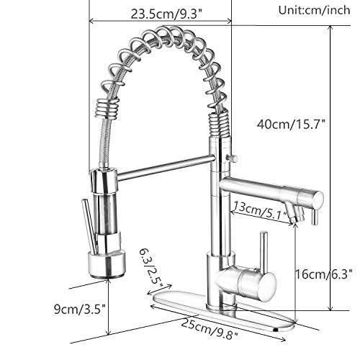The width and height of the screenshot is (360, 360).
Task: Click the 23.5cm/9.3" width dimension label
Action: pos(166,14)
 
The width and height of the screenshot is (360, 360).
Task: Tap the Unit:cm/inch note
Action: pos(314,10)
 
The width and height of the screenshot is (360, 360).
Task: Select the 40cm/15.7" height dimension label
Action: pos(291,125)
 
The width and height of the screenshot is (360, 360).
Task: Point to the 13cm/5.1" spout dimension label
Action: pos(261,210)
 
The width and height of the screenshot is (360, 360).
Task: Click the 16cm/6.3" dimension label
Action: pos(323,274)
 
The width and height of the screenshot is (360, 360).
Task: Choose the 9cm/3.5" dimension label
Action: pos(80,309)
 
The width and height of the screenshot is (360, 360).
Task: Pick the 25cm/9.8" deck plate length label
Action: pos(210,329)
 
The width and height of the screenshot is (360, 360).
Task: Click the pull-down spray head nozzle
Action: pos(107,264)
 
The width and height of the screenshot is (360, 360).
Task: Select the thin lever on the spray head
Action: pos(89,226)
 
